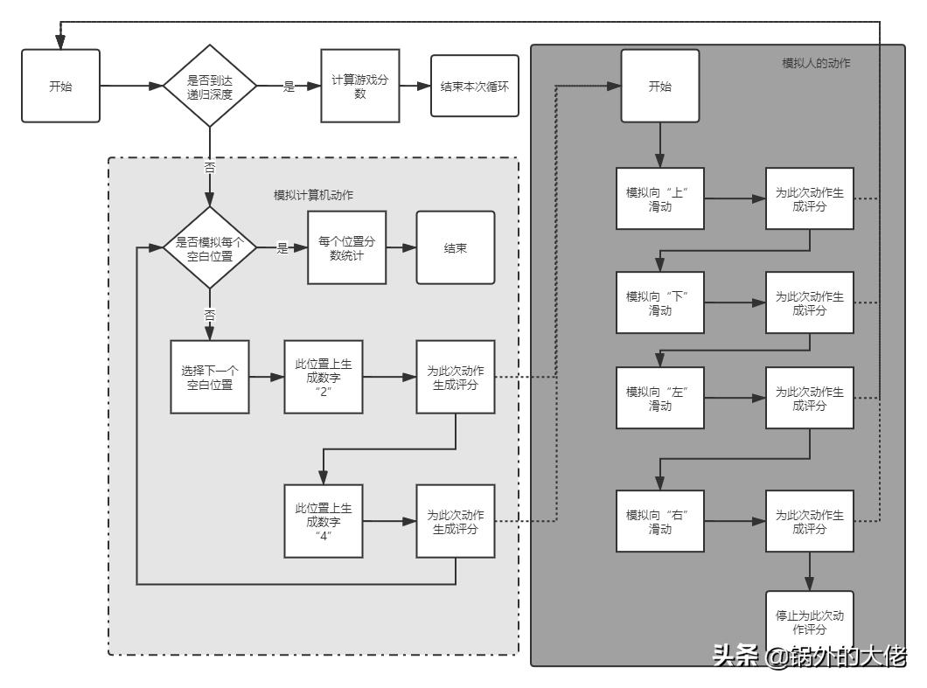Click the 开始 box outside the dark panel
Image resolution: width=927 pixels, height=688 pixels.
coord(60,87)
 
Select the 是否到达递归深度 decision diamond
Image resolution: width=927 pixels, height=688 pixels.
coord(210,87)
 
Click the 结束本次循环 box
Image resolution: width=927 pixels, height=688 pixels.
coord(474,87)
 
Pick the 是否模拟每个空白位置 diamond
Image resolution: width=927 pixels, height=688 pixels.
coord(210,248)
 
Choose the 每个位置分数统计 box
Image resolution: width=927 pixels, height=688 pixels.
coord(347,248)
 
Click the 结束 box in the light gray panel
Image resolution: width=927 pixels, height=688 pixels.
coord(455,248)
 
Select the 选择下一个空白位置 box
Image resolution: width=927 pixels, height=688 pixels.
coord(210,377)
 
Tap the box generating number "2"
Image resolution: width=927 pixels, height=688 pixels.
coord(323,377)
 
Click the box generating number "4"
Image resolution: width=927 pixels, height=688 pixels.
coord(323,521)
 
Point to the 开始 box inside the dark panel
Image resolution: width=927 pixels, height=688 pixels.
coord(660,87)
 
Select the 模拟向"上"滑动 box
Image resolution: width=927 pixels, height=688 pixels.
coord(659,198)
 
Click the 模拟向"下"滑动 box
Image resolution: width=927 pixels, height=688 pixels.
coord(659,302)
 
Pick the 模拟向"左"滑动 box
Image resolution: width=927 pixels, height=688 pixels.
coord(659,398)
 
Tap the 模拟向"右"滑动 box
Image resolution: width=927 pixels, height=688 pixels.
coord(659,521)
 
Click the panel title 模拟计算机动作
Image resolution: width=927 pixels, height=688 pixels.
coord(314,194)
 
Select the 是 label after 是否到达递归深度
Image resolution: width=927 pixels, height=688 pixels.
coord(289,87)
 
